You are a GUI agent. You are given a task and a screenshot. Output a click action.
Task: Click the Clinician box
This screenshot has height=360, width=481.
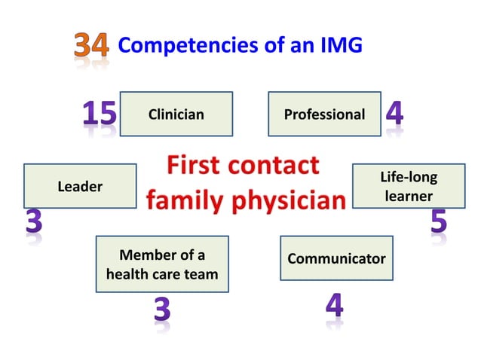click(176, 114)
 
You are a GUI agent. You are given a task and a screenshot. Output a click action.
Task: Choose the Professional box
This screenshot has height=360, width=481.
click(324, 114)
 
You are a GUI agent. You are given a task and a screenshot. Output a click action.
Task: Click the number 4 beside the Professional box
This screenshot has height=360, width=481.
click(394, 114)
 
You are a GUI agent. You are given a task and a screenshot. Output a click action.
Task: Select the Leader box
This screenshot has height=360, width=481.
click(80, 186)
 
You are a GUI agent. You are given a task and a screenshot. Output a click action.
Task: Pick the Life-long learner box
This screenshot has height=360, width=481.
click(408, 186)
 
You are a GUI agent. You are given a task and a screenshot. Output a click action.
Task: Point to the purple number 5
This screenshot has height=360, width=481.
click(439, 221)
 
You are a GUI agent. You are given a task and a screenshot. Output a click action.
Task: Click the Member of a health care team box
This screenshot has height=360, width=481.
click(162, 264)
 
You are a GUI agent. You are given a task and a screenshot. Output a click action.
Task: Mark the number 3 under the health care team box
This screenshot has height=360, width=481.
click(162, 311)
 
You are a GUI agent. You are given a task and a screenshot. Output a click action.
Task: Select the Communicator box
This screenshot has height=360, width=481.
click(336, 258)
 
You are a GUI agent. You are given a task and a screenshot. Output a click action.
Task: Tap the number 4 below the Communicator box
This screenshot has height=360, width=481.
click(335, 305)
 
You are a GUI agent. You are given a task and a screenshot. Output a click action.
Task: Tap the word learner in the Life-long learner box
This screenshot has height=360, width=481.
click(408, 196)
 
